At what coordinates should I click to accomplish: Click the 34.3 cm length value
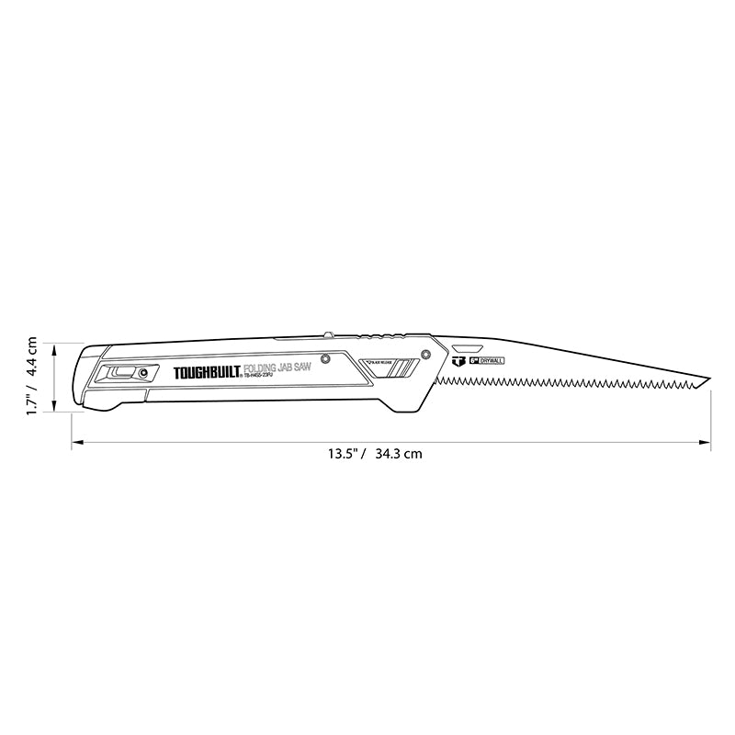click(399, 453)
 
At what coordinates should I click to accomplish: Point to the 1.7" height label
click(31, 401)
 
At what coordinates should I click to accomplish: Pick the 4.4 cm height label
click(31, 358)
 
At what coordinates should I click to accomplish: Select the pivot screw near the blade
click(425, 354)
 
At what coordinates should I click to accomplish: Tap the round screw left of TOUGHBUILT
click(143, 372)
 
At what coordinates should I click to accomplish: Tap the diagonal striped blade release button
click(381, 367)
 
